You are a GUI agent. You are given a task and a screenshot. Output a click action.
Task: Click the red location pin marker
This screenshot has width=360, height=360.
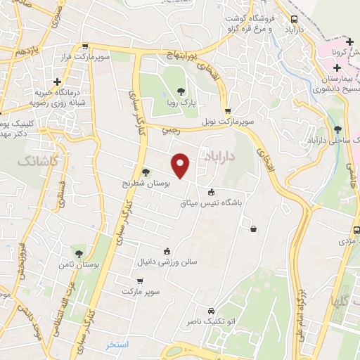[x=181, y=164]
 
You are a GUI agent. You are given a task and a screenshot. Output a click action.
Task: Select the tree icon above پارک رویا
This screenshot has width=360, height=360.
[x=181, y=91]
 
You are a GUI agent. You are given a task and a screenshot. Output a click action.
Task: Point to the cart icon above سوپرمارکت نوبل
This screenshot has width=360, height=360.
[x=228, y=111]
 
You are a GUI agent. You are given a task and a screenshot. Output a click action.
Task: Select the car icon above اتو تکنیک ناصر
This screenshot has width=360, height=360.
[x=211, y=310]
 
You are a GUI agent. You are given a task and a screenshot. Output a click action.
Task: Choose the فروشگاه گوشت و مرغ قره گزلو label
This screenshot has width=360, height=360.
[x=248, y=24]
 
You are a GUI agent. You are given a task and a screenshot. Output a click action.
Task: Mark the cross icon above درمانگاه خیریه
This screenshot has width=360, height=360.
[x=57, y=82]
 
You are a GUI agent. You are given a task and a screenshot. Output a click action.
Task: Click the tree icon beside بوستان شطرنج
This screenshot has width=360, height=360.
[x=146, y=172]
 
